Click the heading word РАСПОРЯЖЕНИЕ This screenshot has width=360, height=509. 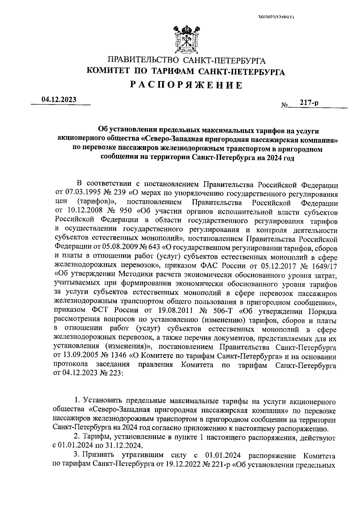click(x=186, y=85)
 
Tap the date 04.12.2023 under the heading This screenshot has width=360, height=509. click(x=59, y=100)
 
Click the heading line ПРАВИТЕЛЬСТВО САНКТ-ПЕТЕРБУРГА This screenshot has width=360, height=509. click(x=187, y=60)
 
